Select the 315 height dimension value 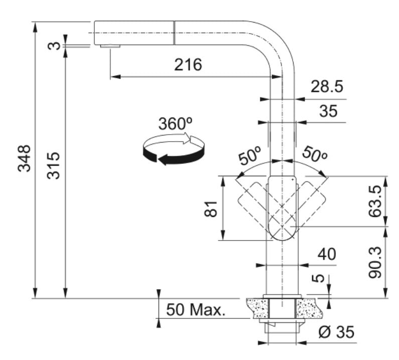54,166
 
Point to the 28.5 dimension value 326,87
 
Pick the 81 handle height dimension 213,206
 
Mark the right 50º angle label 314,155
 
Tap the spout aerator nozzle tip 110,46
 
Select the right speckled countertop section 311,307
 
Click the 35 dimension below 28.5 329,111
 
